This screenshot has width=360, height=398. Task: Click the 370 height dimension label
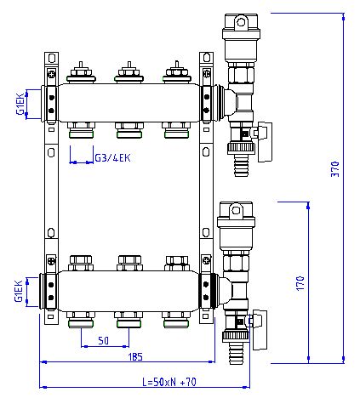(335, 169)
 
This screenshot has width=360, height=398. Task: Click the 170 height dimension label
(300, 283)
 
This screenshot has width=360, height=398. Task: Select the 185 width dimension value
(135, 357)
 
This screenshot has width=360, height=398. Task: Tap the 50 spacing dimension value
(103, 340)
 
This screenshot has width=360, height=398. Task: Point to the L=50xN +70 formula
(169, 382)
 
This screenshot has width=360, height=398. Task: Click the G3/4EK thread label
(112, 158)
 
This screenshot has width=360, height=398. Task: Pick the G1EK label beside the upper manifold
(20, 104)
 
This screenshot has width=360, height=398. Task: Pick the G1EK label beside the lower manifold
(19, 291)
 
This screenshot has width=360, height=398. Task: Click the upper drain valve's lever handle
(265, 142)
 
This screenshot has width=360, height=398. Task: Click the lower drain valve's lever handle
(260, 330)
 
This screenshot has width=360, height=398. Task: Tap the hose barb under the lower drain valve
(236, 353)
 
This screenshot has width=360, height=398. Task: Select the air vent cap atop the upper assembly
(241, 26)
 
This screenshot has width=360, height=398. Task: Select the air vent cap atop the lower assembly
(236, 214)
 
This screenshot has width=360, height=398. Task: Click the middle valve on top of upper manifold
(129, 73)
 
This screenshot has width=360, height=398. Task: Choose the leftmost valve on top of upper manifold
(81, 73)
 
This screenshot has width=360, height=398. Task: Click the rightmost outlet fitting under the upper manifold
(176, 130)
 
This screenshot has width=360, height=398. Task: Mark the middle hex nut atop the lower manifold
(129, 263)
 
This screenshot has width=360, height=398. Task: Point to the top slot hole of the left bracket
(51, 58)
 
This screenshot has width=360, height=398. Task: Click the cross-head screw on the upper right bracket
(207, 73)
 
